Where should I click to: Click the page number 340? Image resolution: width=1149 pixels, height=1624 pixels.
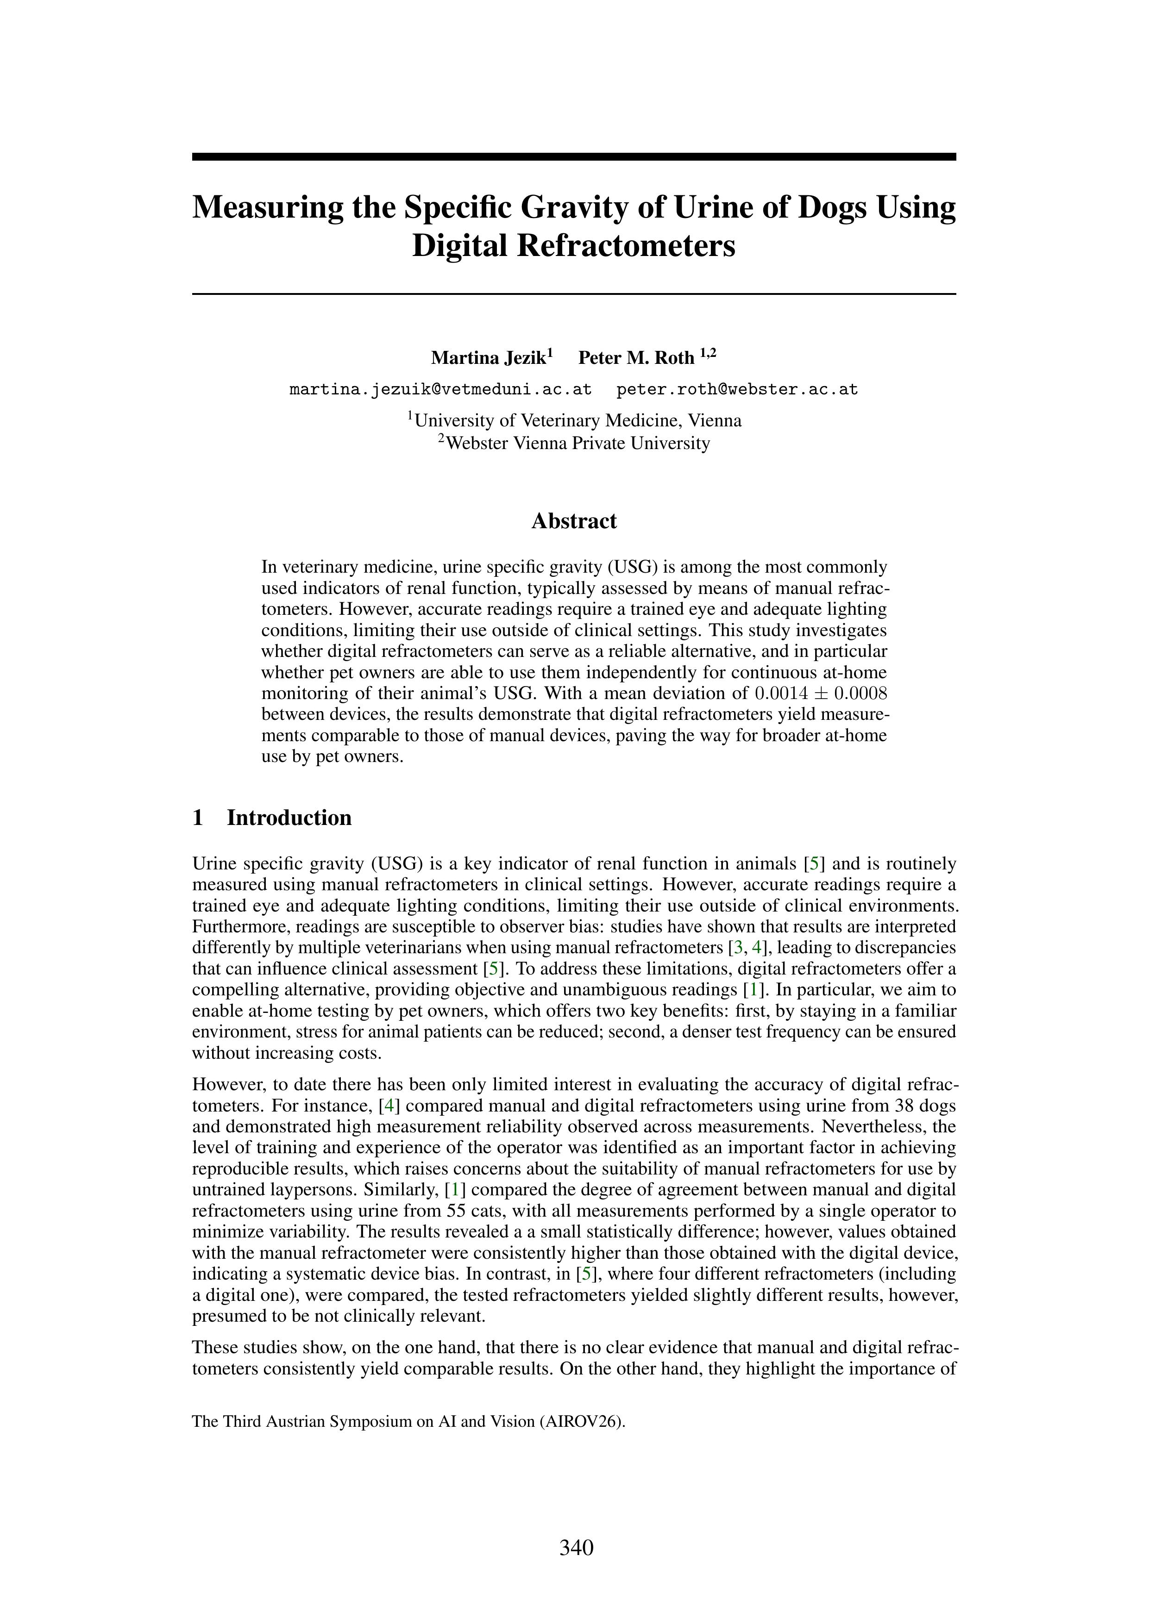coord(576,1549)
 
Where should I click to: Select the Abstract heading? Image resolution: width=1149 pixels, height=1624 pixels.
coord(574,521)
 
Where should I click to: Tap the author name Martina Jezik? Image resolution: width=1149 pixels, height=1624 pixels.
coord(489,358)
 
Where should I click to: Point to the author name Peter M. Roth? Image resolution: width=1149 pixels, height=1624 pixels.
coord(636,358)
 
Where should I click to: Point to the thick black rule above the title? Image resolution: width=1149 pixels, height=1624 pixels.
coord(574,157)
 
